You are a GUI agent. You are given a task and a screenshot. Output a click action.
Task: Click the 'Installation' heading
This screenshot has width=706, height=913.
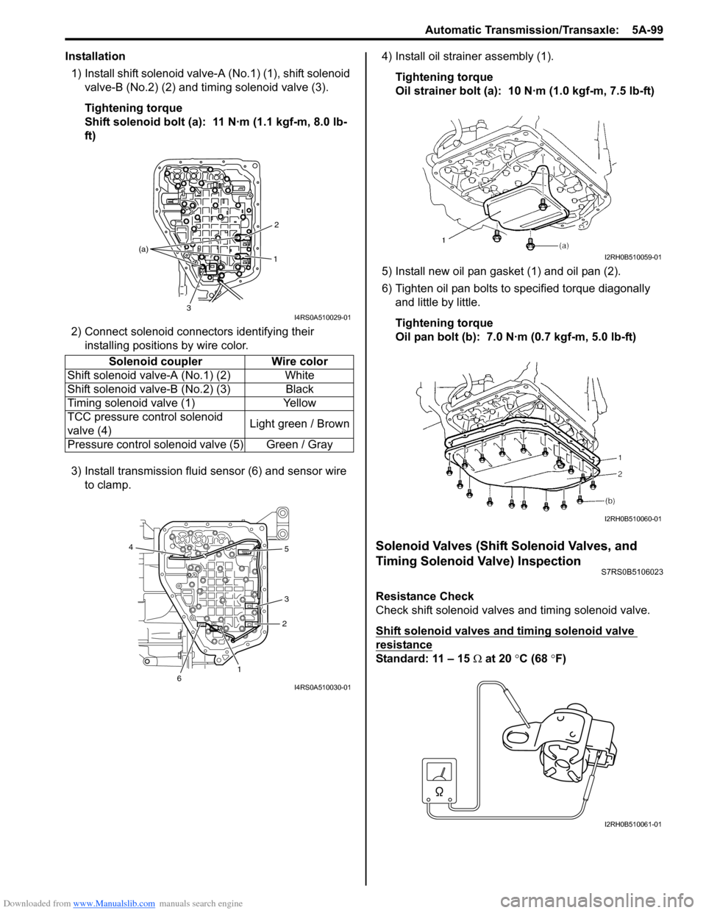[x=95, y=57]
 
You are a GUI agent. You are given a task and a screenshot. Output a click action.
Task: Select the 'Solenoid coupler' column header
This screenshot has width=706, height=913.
[x=155, y=362]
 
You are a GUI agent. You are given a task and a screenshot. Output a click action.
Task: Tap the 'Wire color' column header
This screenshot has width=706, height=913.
[x=299, y=362]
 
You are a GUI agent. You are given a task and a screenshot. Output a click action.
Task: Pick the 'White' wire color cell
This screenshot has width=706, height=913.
[x=299, y=376]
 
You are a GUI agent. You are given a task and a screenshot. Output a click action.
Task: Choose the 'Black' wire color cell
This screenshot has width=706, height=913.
[x=299, y=390]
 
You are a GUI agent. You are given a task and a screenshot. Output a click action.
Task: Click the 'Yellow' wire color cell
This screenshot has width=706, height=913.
[x=299, y=404]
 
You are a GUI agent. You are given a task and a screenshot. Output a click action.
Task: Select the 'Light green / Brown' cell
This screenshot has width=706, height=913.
[x=299, y=424]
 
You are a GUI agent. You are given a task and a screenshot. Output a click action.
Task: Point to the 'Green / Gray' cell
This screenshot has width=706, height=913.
[x=299, y=445]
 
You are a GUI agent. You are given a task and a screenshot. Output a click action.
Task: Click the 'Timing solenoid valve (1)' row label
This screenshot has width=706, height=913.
[x=131, y=404]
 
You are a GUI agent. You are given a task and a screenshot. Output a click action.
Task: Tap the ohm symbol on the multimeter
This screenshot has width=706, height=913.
[x=439, y=791]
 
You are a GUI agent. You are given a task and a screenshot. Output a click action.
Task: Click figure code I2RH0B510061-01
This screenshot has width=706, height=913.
[x=632, y=824]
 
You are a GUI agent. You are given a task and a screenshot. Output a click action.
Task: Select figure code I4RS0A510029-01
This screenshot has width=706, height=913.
[x=322, y=318]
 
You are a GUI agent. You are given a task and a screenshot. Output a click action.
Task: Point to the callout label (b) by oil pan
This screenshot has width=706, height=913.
[x=610, y=500]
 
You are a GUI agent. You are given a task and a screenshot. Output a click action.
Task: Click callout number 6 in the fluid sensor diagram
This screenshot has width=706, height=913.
[x=179, y=679]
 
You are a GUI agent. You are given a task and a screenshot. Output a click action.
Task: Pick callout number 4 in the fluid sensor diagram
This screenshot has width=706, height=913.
[x=131, y=547]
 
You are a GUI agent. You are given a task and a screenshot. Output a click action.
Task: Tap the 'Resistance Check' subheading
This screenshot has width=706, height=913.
[x=424, y=596]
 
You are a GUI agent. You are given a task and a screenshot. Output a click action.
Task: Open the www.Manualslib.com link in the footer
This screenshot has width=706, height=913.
[x=114, y=903]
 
